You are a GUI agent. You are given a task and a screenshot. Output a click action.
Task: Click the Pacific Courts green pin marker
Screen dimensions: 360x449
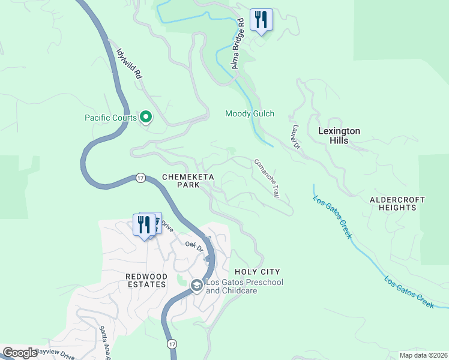click(145, 116)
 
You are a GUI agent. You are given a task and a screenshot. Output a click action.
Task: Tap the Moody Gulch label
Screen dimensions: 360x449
click(249, 113)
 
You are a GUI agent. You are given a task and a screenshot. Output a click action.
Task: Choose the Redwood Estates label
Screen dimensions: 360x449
click(145, 280)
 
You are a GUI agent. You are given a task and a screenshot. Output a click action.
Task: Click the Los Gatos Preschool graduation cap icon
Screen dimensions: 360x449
click(196, 286)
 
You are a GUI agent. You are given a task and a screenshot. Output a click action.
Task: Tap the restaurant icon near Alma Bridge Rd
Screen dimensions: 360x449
click(261, 19)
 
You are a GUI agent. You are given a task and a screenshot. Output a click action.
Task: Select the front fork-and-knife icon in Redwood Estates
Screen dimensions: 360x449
click(144, 225)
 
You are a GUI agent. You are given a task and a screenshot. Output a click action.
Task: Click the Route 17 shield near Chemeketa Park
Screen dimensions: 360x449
click(140, 178)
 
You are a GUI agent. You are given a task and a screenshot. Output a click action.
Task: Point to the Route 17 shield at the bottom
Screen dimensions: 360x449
click(172, 344)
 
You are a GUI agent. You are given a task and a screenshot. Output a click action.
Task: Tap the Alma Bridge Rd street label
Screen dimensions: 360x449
click(238, 43)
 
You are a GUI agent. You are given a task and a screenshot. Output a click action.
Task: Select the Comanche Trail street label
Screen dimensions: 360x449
click(267, 178)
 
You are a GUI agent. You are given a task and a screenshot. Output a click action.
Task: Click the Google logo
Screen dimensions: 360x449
click(19, 353)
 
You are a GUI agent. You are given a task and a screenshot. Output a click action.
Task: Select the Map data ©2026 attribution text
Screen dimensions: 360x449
click(423, 355)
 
